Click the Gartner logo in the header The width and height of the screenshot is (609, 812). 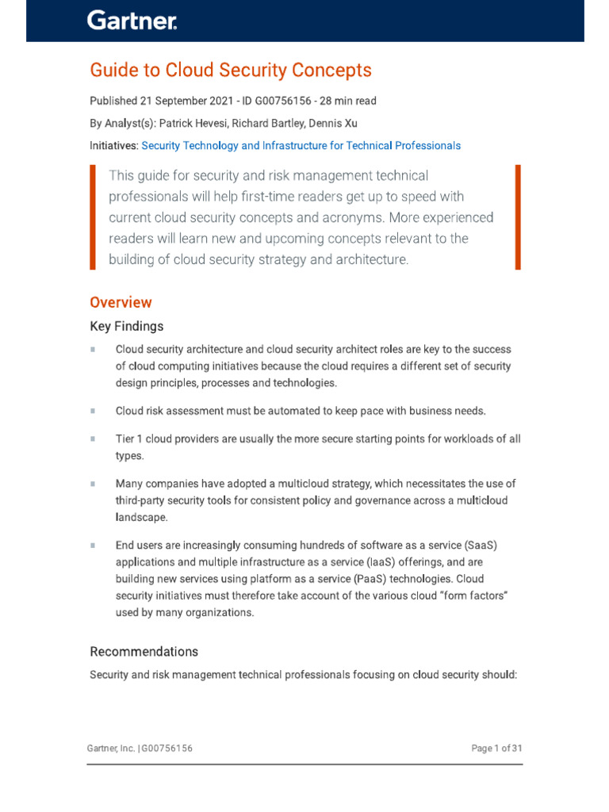pyautogui.click(x=132, y=21)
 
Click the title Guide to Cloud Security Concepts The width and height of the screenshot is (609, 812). pyautogui.click(x=231, y=71)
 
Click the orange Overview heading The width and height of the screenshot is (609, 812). pyautogui.click(x=121, y=302)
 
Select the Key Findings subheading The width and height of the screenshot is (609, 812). pyautogui.click(x=127, y=327)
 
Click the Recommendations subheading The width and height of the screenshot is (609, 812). pyautogui.click(x=144, y=652)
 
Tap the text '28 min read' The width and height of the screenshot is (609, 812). pyautogui.click(x=347, y=101)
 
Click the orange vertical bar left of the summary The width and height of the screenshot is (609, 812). pyautogui.click(x=93, y=217)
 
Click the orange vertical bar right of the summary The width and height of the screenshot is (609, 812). pyautogui.click(x=518, y=217)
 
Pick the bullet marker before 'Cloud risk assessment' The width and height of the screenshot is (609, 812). pyautogui.click(x=93, y=411)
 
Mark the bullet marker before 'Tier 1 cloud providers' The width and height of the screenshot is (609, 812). pyautogui.click(x=93, y=439)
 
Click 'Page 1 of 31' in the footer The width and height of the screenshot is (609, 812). pyautogui.click(x=496, y=749)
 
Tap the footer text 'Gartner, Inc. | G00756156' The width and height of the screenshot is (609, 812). pyautogui.click(x=140, y=749)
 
